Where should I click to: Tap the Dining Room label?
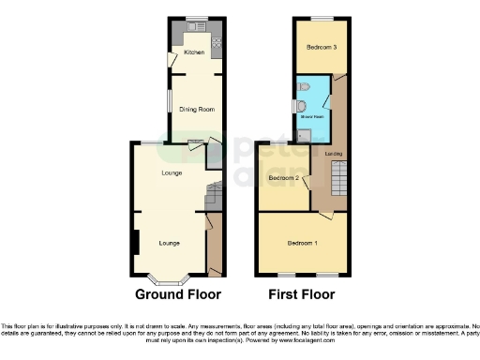pos(197,110)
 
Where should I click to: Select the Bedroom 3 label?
pos(321,46)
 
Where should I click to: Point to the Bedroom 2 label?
pos(283,177)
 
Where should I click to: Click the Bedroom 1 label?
pos(302,244)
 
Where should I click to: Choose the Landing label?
pos(333,153)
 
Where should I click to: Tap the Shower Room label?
pos(310,117)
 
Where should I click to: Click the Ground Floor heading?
pos(178,293)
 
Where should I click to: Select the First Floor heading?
pos(301,293)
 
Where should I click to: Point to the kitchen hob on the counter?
pos(217,42)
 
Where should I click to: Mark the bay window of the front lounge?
pos(169,278)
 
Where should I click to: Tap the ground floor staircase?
pos(213,192)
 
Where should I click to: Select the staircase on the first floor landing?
pos(336,183)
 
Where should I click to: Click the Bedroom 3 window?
pos(321,19)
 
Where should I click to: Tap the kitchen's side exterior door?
pos(171,60)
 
